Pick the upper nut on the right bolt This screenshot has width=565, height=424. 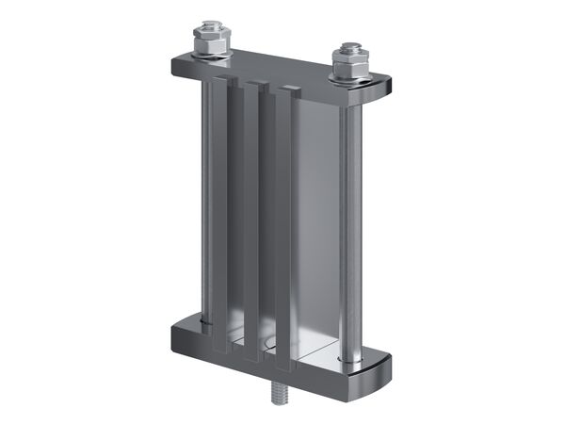coord(348,53)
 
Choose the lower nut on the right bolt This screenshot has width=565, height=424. coord(348,66)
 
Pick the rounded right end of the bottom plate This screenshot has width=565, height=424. coord(382,363)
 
